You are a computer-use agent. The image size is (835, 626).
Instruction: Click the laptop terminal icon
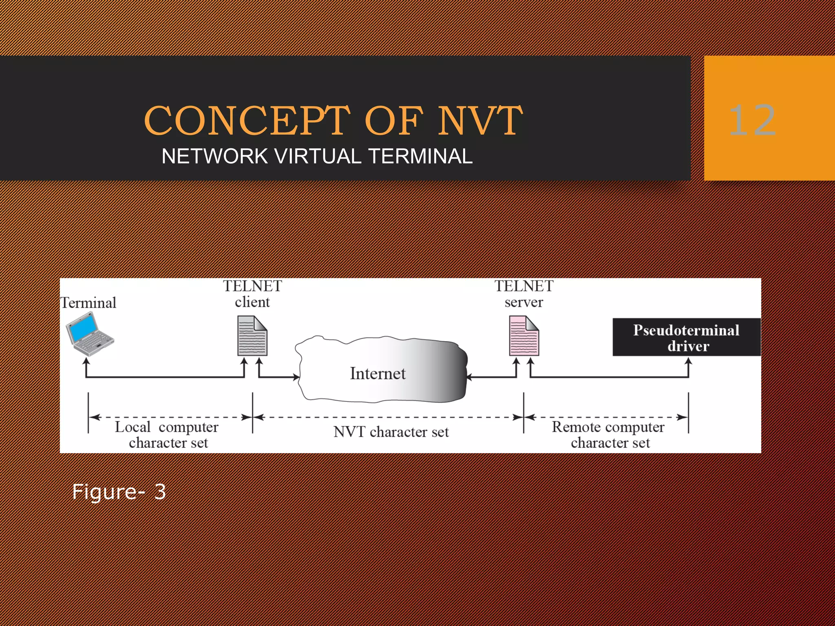pyautogui.click(x=90, y=333)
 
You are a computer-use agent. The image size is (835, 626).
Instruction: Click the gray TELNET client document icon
pyautogui.click(x=252, y=336)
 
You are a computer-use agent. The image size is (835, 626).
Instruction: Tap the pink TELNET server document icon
pyautogui.click(x=524, y=336)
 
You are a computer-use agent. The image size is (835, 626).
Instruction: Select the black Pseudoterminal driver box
pyautogui.click(x=687, y=337)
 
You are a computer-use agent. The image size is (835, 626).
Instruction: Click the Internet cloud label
pyautogui.click(x=378, y=373)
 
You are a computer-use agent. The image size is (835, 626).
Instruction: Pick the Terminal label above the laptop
pyautogui.click(x=88, y=303)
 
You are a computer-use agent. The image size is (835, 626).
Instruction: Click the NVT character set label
pyautogui.click(x=391, y=432)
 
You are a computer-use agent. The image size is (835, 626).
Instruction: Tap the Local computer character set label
pyautogui.click(x=167, y=435)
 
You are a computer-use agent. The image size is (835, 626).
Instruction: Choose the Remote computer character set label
pyautogui.click(x=609, y=435)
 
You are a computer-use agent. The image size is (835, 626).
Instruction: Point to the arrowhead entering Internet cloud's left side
pyautogui.click(x=296, y=377)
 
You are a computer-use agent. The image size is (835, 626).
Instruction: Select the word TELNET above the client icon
pyautogui.click(x=252, y=286)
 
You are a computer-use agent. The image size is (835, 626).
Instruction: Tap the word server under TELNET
pyautogui.click(x=524, y=302)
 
